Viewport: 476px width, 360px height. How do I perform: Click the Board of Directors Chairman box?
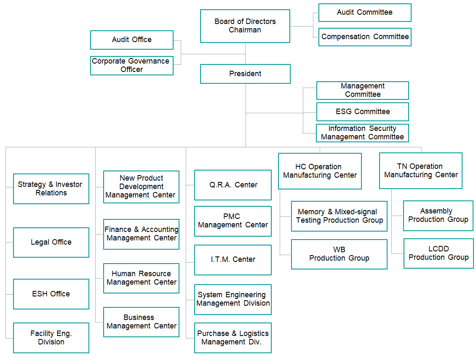click(245, 26)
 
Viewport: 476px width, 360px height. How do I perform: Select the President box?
click(245, 74)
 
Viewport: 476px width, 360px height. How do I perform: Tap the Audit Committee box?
click(365, 13)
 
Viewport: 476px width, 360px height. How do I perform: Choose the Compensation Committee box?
click(365, 37)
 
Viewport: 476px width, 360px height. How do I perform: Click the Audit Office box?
click(132, 40)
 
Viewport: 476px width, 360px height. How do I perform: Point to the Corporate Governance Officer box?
click(132, 65)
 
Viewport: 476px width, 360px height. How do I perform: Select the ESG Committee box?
click(362, 112)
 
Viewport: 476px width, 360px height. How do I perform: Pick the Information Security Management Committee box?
click(362, 133)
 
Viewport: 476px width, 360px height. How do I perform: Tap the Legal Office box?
click(51, 242)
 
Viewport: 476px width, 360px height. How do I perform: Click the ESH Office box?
click(51, 294)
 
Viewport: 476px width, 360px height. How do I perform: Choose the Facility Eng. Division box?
click(51, 338)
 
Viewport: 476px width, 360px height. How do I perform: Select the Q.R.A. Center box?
click(233, 185)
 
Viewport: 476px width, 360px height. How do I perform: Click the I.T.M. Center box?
click(233, 260)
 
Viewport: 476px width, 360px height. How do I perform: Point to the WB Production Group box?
click(339, 254)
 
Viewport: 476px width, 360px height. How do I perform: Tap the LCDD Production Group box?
click(439, 253)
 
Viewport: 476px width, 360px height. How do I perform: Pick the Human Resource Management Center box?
click(141, 278)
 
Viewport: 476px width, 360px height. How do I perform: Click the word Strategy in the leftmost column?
click(32, 184)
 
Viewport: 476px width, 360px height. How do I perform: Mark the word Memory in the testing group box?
click(311, 212)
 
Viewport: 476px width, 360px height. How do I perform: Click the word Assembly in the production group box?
click(436, 211)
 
